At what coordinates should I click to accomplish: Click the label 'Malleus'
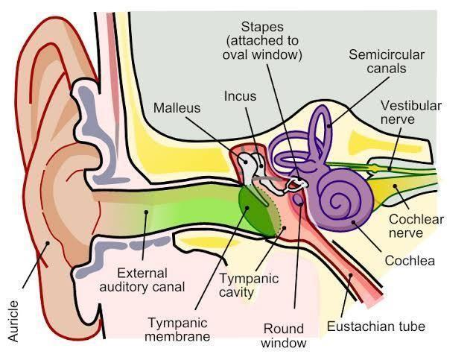(x=177, y=108)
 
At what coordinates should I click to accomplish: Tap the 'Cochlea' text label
(x=410, y=261)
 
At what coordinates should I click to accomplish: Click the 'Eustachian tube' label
(x=386, y=326)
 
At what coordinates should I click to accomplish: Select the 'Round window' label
(x=285, y=335)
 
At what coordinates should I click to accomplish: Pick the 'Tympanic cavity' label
(x=248, y=285)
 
